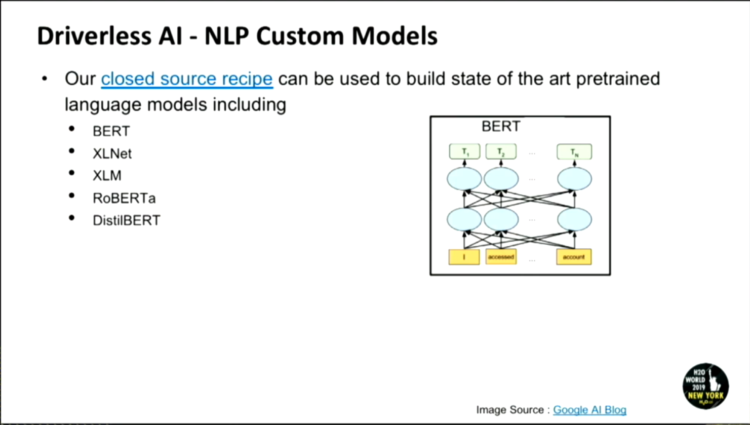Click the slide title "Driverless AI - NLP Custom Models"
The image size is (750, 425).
point(237,36)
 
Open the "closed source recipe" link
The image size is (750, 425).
point(187,79)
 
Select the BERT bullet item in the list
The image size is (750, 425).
point(111,131)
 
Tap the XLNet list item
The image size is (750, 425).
point(112,153)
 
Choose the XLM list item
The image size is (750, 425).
point(107,176)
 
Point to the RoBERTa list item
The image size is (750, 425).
point(124,198)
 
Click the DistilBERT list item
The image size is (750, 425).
point(127,220)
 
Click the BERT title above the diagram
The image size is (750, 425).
point(501,127)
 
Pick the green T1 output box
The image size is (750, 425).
point(464,151)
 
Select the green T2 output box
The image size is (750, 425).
point(501,151)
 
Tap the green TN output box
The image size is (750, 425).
point(574,151)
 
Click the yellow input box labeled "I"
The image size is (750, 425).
point(464,257)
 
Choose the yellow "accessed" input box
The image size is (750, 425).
point(501,257)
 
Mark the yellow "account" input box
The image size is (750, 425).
point(574,257)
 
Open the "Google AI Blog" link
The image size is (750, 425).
point(589,410)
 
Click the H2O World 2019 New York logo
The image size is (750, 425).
point(705,386)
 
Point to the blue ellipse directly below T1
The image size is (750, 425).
point(464,179)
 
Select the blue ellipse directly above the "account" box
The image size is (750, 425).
point(574,220)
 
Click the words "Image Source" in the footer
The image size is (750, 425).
point(509,410)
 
